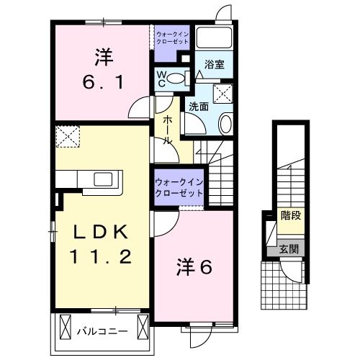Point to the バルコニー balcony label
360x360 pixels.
102,333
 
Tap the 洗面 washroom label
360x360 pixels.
199,107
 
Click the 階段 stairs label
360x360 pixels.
291,215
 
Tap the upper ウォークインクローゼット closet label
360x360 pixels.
173,36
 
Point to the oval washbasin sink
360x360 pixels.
225,124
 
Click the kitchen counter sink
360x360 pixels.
102,179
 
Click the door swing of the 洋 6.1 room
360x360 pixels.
141,110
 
